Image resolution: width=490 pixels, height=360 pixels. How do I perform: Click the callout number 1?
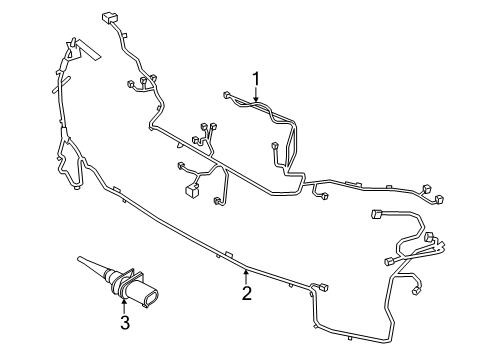(256, 77)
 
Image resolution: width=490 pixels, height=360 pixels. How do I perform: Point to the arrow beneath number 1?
(256, 97)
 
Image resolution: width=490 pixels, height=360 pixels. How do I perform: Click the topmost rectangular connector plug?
(109, 17)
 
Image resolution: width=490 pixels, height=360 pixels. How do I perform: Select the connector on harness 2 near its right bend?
(322, 288)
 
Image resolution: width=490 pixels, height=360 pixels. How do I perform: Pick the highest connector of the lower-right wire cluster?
(379, 213)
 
